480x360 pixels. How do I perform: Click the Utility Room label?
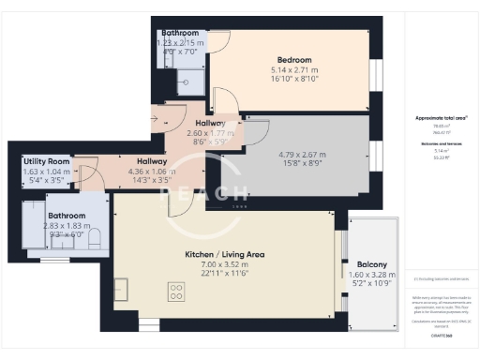tap(47, 161)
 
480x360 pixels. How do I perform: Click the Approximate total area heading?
tap(441, 117)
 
